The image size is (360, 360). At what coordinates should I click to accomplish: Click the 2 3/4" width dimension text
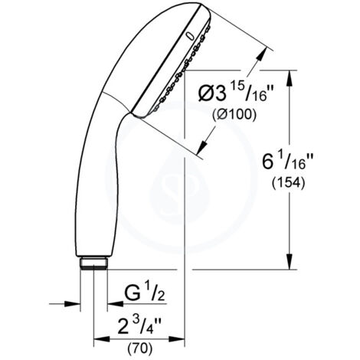click(141, 319)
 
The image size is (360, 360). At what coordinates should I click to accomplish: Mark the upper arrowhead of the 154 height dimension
click(290, 75)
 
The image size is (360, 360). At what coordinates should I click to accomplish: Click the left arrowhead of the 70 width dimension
click(97, 335)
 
